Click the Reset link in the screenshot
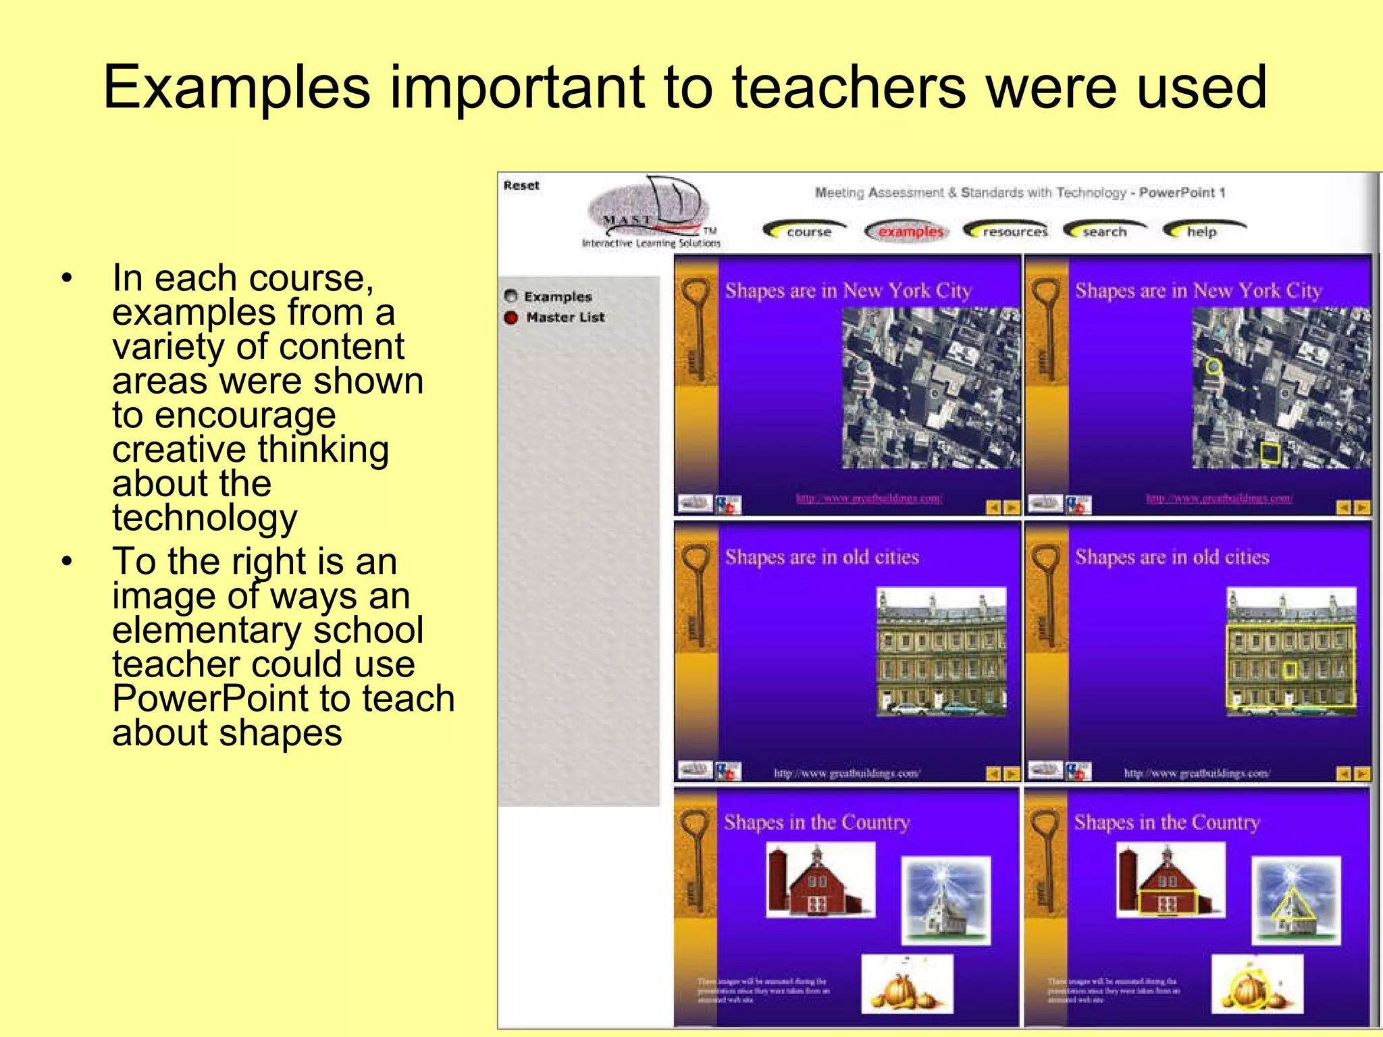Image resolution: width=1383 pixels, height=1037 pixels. [x=521, y=186]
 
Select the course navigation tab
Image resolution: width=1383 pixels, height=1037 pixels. [x=808, y=232]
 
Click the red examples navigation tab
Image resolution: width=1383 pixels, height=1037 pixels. [x=909, y=232]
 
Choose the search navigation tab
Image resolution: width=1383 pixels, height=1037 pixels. [x=1104, y=232]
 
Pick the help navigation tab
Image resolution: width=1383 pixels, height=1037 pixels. [x=1201, y=232]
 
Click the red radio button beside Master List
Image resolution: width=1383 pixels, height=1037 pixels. [x=511, y=317]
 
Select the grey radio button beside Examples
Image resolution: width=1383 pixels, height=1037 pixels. [x=511, y=296]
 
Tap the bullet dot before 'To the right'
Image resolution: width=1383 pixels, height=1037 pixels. [x=66, y=562]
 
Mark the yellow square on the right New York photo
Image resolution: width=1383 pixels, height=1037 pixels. [x=1270, y=453]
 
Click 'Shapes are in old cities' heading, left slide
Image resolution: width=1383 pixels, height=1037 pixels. [x=822, y=558]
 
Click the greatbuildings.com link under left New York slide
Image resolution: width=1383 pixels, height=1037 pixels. [x=869, y=498]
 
